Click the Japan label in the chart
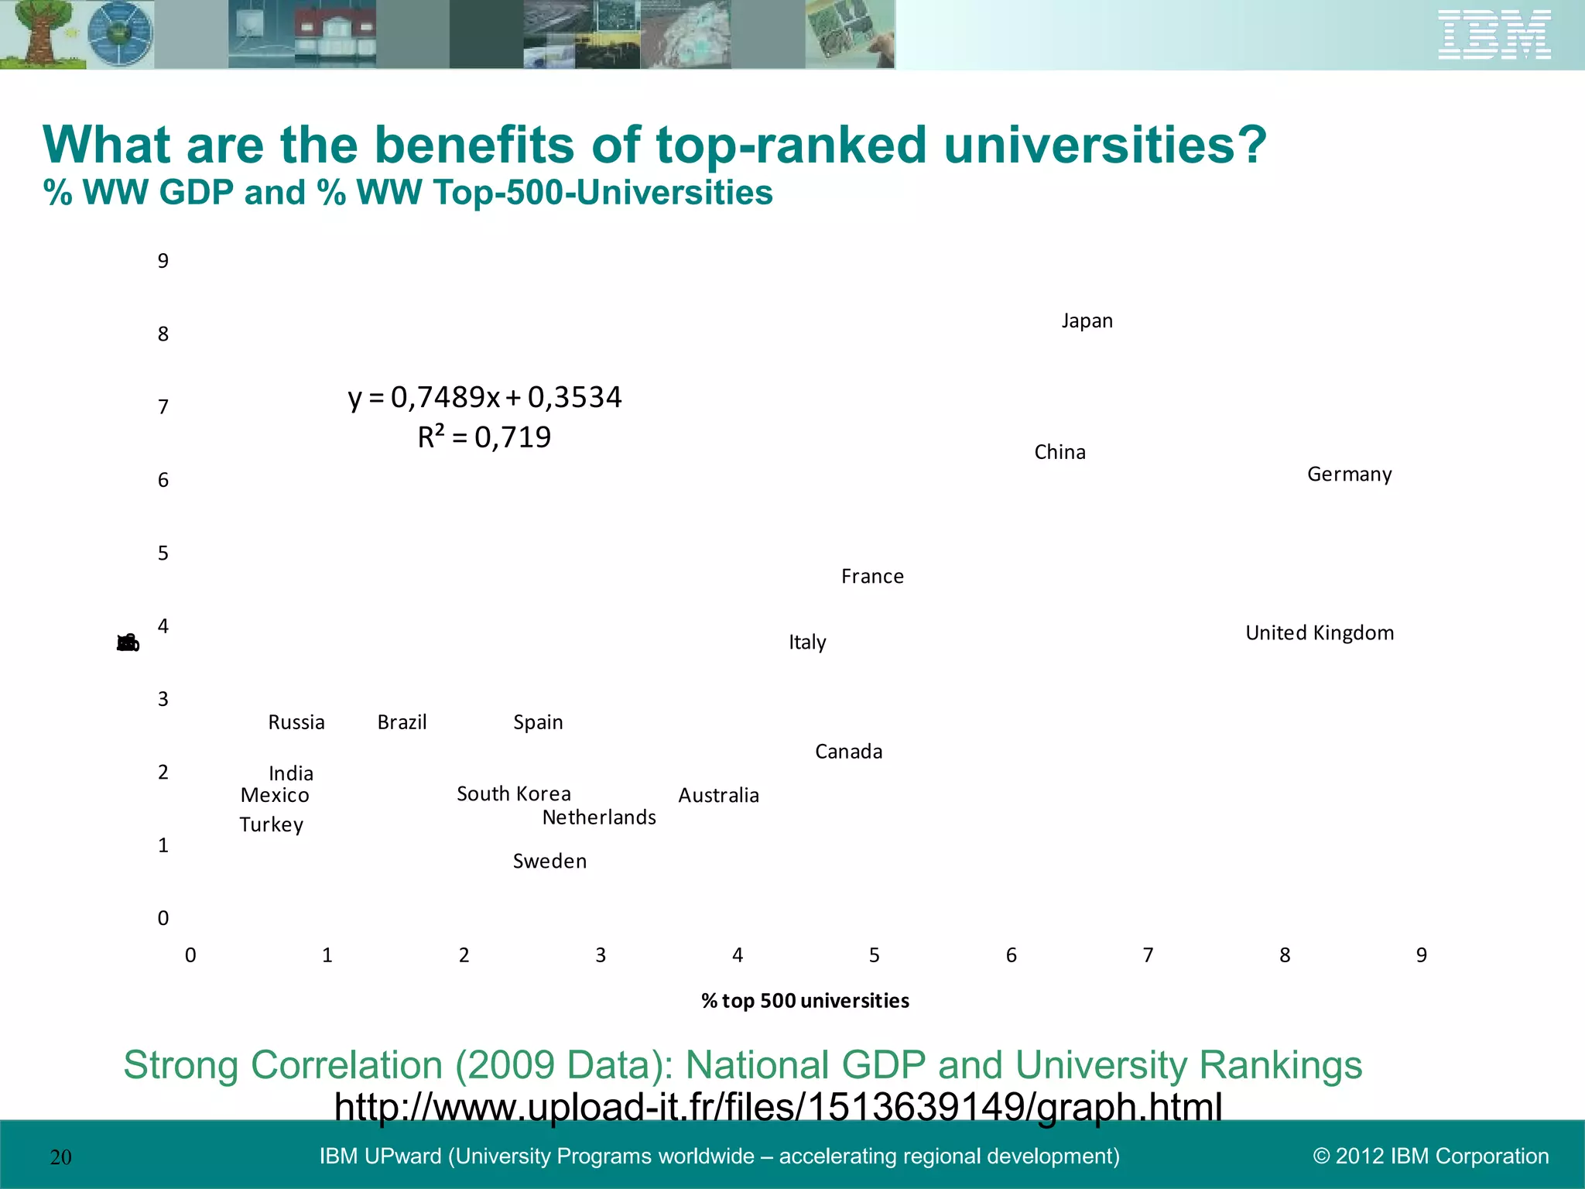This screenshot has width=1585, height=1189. point(1087,320)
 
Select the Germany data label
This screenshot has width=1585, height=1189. point(1349,474)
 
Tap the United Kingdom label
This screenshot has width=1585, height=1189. point(1319,632)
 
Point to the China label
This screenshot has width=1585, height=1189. point(1060,452)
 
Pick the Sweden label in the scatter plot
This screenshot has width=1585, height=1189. point(549,861)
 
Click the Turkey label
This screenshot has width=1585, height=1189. point(271,824)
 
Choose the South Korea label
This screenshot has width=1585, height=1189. point(514,793)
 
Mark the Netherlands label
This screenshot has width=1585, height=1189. point(599,817)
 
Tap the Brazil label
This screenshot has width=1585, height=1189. point(402,722)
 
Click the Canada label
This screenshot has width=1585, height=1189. point(848,752)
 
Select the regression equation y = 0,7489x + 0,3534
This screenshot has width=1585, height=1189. point(484,397)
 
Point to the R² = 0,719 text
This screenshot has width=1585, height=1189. point(484,437)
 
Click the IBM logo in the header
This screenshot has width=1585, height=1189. point(1494,35)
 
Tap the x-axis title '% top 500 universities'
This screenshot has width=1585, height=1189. point(805,1001)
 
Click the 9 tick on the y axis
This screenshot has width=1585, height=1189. point(163,261)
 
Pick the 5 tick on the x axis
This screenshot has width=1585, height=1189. point(874,955)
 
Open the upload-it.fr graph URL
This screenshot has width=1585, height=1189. point(778,1106)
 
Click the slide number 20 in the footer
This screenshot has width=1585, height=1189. point(60,1157)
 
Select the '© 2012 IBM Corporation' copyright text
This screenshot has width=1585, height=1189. point(1430,1156)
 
